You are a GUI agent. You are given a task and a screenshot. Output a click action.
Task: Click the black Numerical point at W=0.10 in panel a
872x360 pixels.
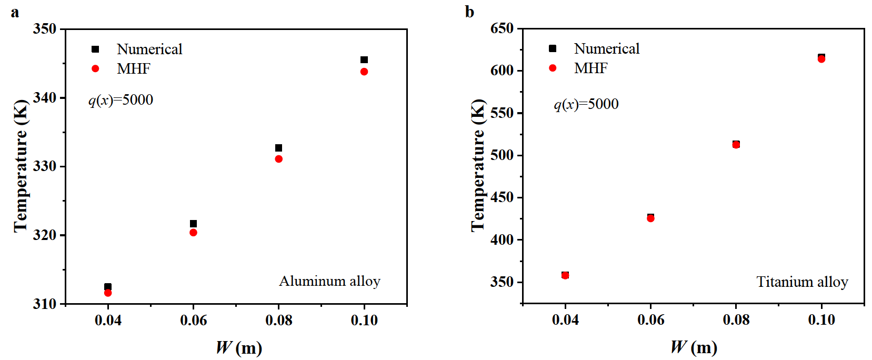click(x=364, y=60)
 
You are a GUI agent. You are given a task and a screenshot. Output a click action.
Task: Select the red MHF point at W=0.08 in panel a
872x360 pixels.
click(x=279, y=159)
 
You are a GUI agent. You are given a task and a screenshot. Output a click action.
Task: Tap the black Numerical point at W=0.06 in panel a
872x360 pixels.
click(x=193, y=224)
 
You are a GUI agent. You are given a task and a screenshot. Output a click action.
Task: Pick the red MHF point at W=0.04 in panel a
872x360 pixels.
click(x=108, y=293)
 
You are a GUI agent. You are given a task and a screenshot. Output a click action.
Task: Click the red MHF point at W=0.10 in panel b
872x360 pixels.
click(x=821, y=59)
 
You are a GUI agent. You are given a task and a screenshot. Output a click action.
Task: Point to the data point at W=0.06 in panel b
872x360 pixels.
click(x=650, y=218)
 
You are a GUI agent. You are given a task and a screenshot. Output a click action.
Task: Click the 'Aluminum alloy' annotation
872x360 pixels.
click(x=329, y=282)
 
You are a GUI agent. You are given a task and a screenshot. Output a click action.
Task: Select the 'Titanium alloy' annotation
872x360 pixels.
click(x=802, y=283)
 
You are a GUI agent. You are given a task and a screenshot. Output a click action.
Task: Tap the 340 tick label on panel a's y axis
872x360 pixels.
click(x=45, y=98)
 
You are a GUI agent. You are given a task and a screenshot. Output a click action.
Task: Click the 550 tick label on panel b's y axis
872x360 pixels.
click(x=502, y=113)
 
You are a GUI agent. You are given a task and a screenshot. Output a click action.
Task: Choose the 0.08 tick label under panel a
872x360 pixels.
click(x=279, y=320)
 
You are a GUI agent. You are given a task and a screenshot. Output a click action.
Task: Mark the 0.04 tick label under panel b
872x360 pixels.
click(x=565, y=319)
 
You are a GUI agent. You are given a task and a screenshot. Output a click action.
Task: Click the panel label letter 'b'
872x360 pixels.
click(x=469, y=12)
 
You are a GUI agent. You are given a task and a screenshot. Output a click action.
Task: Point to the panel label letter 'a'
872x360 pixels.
click(x=15, y=12)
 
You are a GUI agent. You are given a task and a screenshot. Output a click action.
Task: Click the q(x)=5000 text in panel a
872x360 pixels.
click(x=121, y=100)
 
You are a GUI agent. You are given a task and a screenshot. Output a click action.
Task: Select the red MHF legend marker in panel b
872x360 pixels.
click(x=553, y=68)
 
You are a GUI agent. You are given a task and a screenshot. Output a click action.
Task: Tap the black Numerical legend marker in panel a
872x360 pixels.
click(x=95, y=49)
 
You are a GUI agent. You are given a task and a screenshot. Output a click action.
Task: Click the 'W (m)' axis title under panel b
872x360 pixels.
click(x=694, y=347)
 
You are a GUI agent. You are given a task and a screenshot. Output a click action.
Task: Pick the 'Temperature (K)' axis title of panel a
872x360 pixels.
click(x=21, y=166)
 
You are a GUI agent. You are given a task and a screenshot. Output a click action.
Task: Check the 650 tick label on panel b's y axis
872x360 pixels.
click(x=502, y=28)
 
